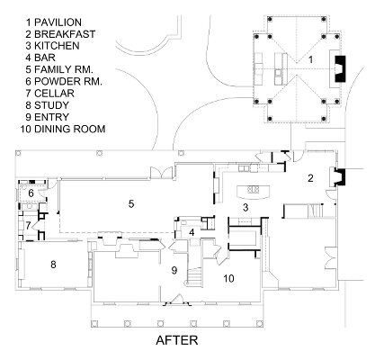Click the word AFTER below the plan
click(x=177, y=340)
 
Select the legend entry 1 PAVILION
click(x=54, y=22)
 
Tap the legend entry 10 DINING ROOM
click(x=63, y=129)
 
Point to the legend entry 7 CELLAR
click(x=50, y=94)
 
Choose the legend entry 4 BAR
click(x=40, y=58)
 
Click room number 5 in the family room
click(x=131, y=204)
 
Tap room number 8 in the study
click(x=53, y=265)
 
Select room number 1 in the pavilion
click(x=310, y=59)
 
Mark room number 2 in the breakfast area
click(x=310, y=178)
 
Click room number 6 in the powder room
click(x=31, y=193)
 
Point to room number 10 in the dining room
click(x=228, y=278)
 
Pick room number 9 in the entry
click(x=174, y=270)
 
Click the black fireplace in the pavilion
click(x=340, y=69)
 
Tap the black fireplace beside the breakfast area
click(x=340, y=177)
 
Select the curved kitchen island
click(x=254, y=192)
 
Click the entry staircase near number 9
click(x=193, y=275)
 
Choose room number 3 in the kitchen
click(x=246, y=207)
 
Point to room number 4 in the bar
click(x=192, y=232)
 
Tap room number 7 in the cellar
click(x=28, y=226)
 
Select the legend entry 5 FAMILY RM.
click(x=59, y=69)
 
